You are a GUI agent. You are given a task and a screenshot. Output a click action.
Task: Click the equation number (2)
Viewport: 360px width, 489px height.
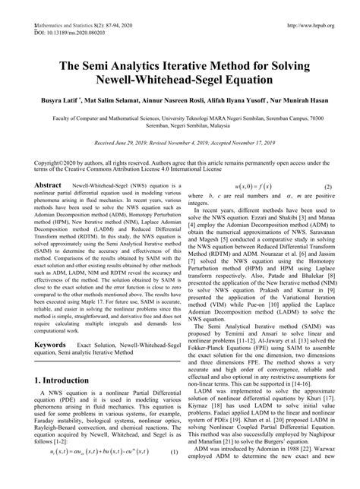(329, 187)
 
